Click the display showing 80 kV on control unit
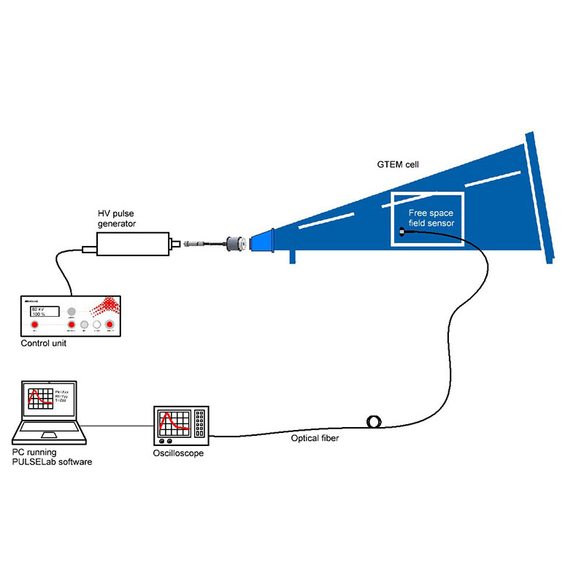(42, 312)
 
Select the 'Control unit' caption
(45, 344)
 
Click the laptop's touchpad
(50, 437)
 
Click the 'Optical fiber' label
(315, 439)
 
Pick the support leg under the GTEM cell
(293, 255)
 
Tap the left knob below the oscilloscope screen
(162, 440)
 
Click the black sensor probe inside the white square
(404, 232)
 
